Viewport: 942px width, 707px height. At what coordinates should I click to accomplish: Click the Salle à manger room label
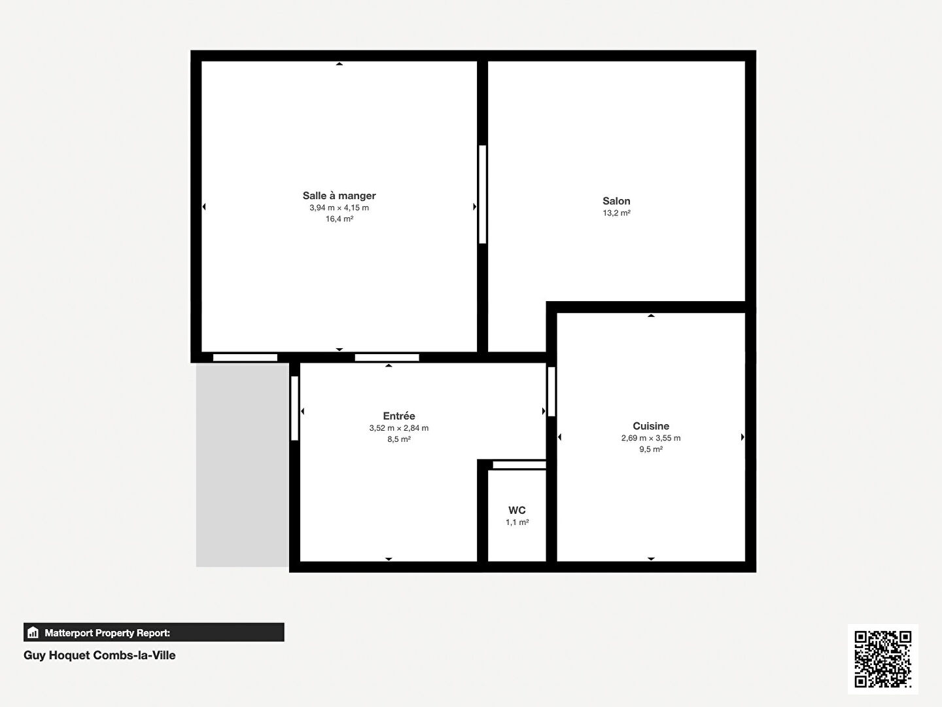339,196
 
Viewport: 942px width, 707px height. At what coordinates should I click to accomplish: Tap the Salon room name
616,201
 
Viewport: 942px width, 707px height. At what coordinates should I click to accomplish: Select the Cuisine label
651,426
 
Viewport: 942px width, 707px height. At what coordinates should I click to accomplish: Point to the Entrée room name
399,416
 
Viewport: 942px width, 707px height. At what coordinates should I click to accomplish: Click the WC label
517,511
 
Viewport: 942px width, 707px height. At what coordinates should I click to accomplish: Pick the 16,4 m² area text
340,219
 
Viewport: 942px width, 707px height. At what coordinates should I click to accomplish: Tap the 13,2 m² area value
616,213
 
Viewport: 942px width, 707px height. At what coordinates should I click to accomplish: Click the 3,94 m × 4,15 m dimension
339,208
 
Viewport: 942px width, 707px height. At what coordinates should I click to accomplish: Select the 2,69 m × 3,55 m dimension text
651,438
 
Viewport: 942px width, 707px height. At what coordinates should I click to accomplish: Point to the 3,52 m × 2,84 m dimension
399,428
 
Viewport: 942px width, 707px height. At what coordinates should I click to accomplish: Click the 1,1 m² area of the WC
517,522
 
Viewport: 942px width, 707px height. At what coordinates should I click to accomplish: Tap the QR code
883,659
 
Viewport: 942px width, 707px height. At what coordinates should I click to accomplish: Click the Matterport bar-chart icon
33,632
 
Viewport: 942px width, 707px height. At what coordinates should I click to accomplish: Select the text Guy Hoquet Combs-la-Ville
99,655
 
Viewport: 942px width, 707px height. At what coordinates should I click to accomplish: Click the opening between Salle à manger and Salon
483,194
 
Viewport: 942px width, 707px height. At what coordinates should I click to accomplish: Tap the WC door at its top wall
519,465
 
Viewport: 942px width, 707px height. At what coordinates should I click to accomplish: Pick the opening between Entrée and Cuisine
551,391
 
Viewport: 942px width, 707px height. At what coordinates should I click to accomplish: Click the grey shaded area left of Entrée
243,465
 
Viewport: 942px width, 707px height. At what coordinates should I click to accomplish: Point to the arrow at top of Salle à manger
339,64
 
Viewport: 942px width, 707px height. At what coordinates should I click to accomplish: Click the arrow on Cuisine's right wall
742,437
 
